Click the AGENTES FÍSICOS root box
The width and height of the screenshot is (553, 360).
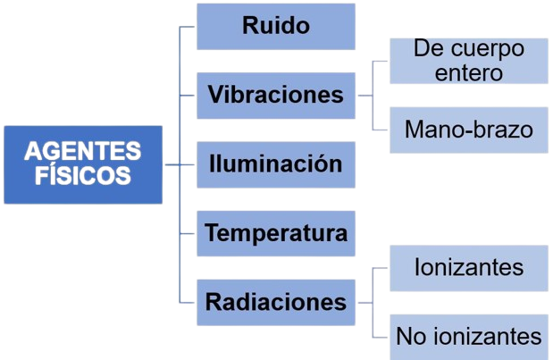[83, 164]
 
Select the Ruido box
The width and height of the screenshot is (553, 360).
[276, 27]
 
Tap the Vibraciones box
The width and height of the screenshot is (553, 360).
[276, 96]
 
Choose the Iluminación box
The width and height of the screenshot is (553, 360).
[276, 164]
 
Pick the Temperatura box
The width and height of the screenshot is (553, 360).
[276, 233]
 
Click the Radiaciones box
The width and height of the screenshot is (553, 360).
[276, 303]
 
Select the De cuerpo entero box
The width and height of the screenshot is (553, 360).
[469, 61]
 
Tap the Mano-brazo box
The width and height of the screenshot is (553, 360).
[469, 130]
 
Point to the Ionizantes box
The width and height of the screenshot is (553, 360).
[469, 268]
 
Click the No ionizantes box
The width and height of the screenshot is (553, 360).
[469, 337]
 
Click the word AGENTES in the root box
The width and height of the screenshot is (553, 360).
[83, 151]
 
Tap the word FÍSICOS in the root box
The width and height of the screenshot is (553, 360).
[83, 175]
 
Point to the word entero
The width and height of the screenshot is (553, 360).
[469, 73]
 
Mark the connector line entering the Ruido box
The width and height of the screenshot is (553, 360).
[187, 27]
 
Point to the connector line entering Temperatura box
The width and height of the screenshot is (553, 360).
[187, 233]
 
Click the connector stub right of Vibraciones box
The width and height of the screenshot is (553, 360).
[365, 96]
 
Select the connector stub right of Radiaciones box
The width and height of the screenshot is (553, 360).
[365, 303]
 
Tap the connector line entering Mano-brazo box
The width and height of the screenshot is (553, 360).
[380, 130]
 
